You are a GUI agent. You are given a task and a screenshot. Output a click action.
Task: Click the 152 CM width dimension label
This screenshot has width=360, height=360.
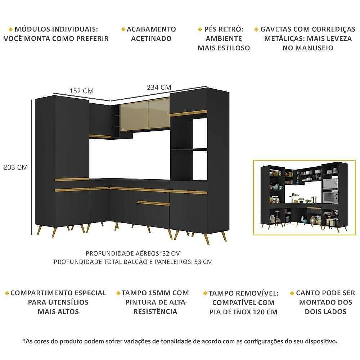[81, 91]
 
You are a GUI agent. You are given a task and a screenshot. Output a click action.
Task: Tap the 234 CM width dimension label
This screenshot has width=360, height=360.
[159, 87]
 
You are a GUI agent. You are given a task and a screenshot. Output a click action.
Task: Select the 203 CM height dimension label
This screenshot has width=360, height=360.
[15, 167]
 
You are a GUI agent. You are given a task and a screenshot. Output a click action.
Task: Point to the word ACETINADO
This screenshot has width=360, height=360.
[151, 39]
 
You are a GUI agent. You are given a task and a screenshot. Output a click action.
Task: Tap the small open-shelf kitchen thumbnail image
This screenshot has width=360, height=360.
[305, 197]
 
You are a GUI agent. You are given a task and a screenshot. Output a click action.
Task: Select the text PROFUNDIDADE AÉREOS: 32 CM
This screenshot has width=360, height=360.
[133, 253]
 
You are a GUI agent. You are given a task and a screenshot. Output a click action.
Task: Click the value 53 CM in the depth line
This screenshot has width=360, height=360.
[203, 262]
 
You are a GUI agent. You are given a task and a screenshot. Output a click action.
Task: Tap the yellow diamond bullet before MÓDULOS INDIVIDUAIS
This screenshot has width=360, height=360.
[10, 30]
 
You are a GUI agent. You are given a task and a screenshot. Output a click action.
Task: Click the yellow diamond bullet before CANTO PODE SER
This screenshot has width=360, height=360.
[292, 293]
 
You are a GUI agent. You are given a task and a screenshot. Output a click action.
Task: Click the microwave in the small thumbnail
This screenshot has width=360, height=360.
[330, 183]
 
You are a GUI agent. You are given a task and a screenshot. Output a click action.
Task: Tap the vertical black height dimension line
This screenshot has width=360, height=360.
[32, 167]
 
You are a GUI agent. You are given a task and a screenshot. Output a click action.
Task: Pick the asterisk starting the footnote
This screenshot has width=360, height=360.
[24, 340]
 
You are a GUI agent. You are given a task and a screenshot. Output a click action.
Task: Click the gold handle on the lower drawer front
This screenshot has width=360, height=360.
[153, 203]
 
